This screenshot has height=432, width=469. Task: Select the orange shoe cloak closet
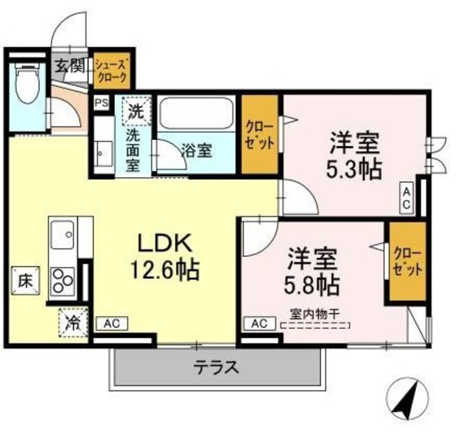pyautogui.click(x=112, y=70)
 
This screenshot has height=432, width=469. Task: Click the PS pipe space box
pyautogui.click(x=101, y=103)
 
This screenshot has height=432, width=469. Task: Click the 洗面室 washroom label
pyautogui.click(x=132, y=150)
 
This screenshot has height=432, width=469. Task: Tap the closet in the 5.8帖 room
pyautogui.click(x=406, y=262)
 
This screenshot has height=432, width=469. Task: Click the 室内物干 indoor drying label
pyautogui.click(x=314, y=313)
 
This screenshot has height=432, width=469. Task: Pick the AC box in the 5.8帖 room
pyautogui.click(x=259, y=322)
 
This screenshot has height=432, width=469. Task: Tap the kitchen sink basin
pyautogui.click(x=65, y=235)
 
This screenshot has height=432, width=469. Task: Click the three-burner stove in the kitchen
pyautogui.click(x=62, y=281)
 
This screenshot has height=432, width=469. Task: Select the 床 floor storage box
pyautogui.click(x=24, y=279)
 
